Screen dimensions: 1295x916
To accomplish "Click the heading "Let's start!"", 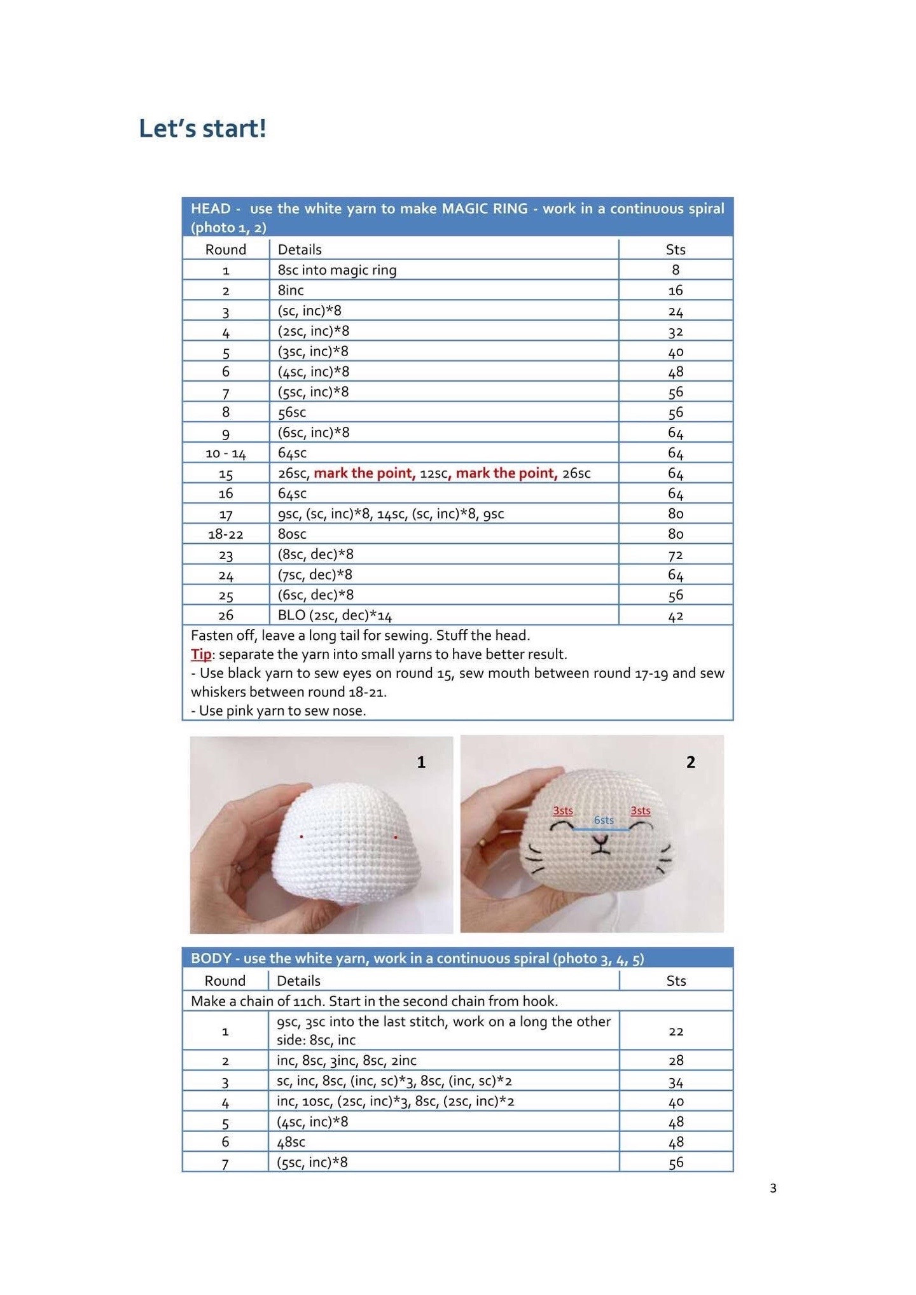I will coord(202,128).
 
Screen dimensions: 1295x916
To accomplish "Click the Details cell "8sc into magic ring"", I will coord(337,270).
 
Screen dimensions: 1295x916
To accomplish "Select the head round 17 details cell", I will coord(391,513).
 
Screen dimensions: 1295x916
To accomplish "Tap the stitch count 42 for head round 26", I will coord(675,616).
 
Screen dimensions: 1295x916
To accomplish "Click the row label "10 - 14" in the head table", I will coord(225,454).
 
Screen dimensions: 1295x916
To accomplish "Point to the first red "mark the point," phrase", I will coord(364,473).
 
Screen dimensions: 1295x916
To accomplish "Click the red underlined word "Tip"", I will coord(201,654).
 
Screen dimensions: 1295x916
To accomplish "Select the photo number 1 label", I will coord(421,762).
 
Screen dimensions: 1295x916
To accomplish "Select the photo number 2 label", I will coord(691,762).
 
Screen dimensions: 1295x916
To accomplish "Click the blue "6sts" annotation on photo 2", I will coord(604,820).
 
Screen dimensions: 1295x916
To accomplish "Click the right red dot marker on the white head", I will coord(396,837).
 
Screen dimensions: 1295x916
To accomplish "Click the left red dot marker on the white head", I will coord(302,836).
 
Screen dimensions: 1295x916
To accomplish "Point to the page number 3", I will coord(773,1188).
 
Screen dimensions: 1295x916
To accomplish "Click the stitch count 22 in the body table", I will coord(676,1031).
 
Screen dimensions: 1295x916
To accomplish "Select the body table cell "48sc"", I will coord(291,1142).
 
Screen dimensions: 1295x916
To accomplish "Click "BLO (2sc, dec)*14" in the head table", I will coord(335,615).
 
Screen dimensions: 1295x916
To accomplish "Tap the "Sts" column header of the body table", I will coord(676,981).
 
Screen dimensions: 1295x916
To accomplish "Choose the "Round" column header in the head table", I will coord(225,249).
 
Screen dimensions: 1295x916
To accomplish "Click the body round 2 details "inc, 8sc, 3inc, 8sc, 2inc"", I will coord(347,1060).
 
